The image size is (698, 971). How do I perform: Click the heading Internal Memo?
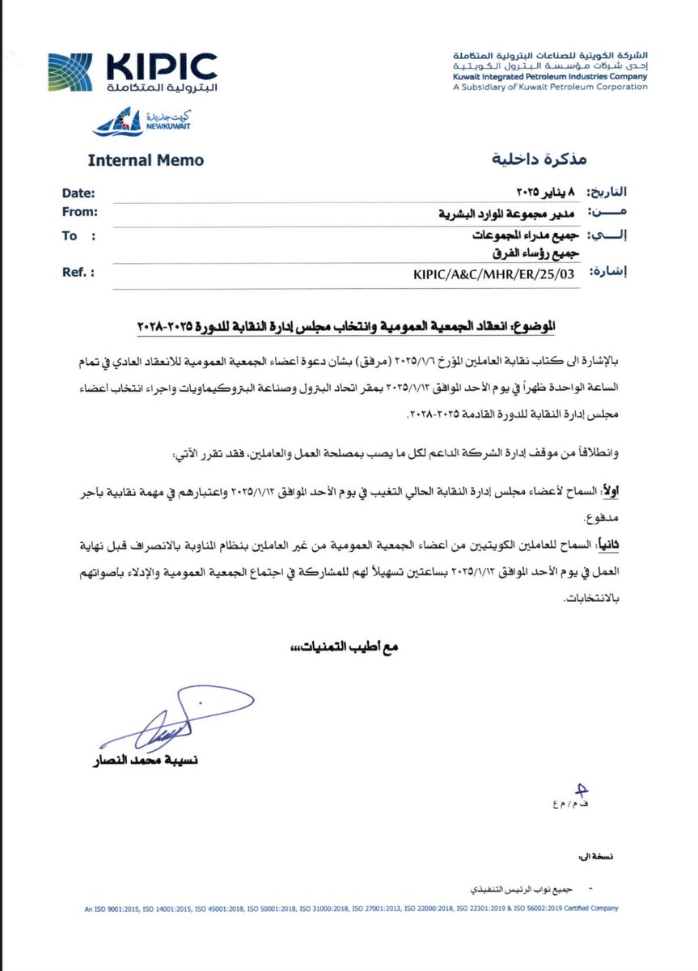[x=146, y=160]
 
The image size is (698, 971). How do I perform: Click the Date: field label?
[x=78, y=193]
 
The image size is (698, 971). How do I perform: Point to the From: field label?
[x=80, y=212]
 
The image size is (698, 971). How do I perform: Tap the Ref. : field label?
[x=78, y=273]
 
